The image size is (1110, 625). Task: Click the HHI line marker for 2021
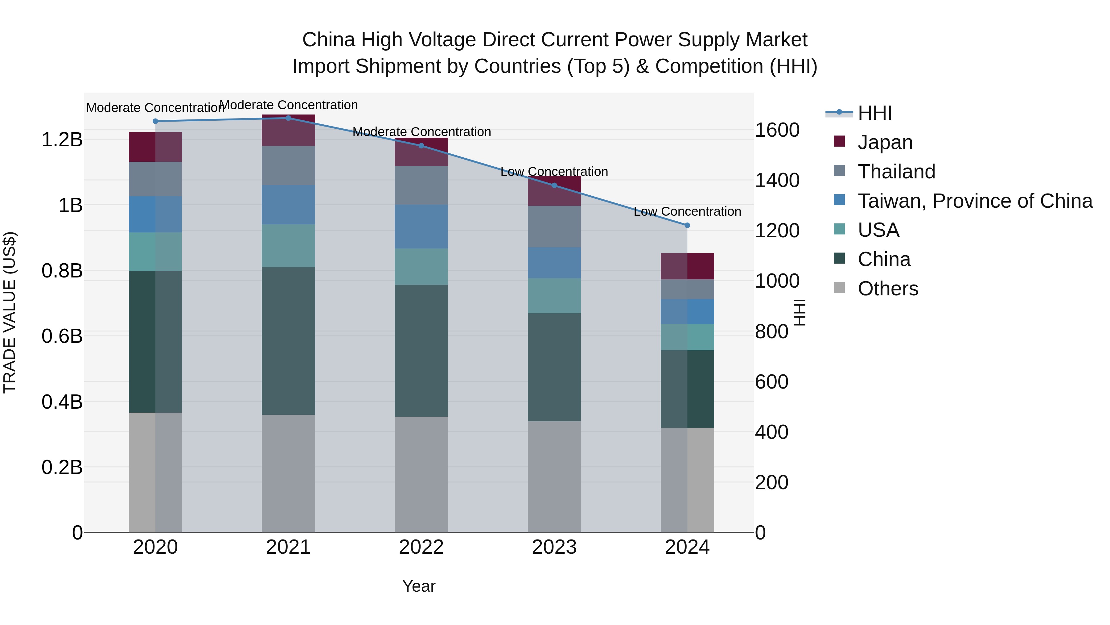coord(288,118)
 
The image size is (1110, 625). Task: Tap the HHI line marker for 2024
coord(687,225)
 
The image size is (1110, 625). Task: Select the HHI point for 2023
coord(554,185)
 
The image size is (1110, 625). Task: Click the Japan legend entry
coord(885,142)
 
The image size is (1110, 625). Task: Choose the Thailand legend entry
coord(896,171)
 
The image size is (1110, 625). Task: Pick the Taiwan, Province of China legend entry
coord(975,201)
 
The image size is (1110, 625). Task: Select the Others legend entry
coord(888,288)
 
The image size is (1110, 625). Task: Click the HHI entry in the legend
coord(875,113)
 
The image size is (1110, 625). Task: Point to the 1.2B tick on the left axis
coord(62,139)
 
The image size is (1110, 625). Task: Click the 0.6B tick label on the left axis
coord(62,336)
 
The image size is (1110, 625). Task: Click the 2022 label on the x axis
coord(421,547)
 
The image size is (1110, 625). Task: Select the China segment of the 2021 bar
coord(288,341)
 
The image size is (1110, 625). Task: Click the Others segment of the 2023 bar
coord(554,477)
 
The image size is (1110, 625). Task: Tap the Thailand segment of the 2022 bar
coord(421,185)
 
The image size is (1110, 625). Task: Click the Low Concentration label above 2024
coord(687,211)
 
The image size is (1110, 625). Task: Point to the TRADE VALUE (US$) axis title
coord(10,312)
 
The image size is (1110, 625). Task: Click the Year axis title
coord(419,586)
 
